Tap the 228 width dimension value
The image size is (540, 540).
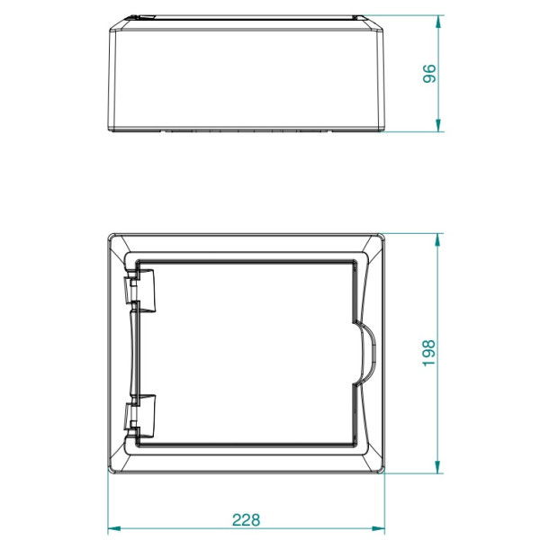pyautogui.click(x=246, y=519)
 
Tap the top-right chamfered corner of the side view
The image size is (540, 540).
pyautogui.click(x=382, y=23)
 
